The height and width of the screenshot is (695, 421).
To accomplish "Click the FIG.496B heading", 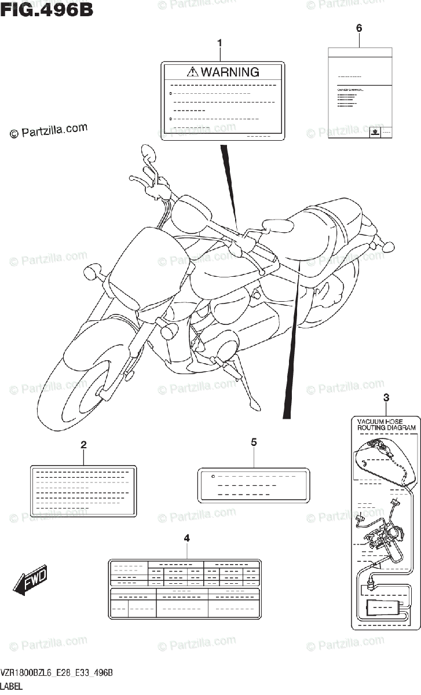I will [47, 11].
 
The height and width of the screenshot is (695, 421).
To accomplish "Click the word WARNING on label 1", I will [229, 72].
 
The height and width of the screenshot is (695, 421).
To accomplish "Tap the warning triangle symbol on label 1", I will [193, 72].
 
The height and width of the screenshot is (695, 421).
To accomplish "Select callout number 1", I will [219, 43].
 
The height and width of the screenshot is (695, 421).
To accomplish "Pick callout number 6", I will [359, 28].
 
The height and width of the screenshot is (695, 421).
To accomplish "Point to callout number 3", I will [386, 397].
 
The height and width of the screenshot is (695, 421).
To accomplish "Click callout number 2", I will [83, 445].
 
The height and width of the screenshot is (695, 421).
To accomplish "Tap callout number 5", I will [254, 442].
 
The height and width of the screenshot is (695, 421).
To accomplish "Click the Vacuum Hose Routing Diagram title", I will [386, 424].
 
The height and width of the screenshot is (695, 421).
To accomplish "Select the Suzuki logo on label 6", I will [375, 132].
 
